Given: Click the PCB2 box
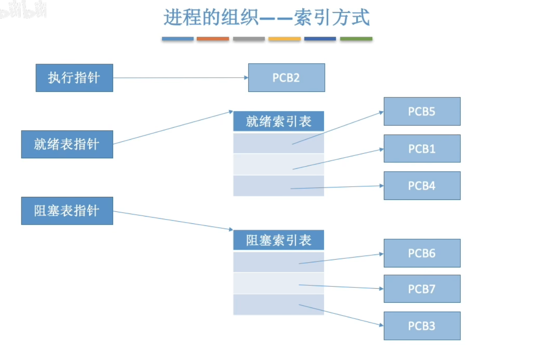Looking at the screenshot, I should pos(287,78).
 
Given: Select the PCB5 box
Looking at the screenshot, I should pos(422,111).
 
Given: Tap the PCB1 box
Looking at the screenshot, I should pos(422,149).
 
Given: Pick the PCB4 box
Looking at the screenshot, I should pos(422,186).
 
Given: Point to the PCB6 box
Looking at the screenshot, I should pos(422,253).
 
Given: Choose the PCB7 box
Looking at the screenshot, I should pos(422,289).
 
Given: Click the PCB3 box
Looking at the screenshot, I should pos(422,326).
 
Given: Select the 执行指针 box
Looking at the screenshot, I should pos(74,78).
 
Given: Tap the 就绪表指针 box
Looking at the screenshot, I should pos(67,144).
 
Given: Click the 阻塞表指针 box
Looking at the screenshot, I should pos(67,211).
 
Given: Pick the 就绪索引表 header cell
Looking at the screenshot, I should pos(278,121).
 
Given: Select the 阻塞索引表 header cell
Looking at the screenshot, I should pos(278,240).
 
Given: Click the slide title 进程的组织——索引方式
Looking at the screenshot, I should pos(266,18).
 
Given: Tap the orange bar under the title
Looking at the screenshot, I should pos(213,39).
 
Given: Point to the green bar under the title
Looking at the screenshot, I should pos(356,39).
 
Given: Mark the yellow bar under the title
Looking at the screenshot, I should pos(284,39).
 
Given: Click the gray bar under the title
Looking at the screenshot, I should pos(249,39).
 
